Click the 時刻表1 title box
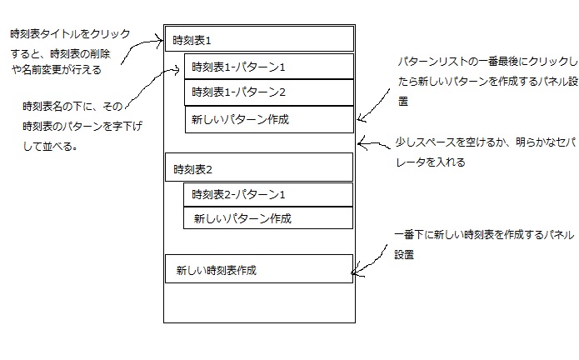click(260, 39)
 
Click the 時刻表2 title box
click(260, 168)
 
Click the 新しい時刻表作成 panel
click(254, 270)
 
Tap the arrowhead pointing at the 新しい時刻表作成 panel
click(354, 272)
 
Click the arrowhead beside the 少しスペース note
click(361, 142)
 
